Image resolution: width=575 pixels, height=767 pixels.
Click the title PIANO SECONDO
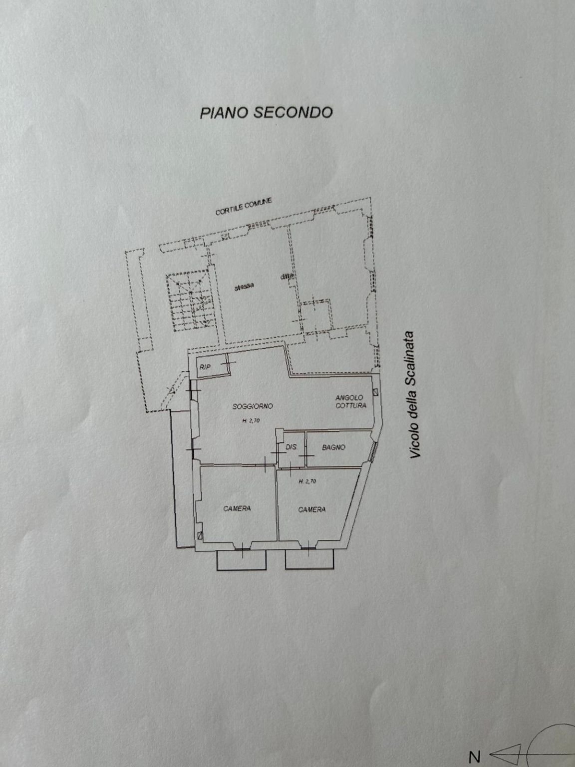266,112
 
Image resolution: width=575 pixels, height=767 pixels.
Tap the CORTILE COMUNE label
244,207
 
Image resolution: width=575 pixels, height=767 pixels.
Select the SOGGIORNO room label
253,406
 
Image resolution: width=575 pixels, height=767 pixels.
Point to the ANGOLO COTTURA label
350,401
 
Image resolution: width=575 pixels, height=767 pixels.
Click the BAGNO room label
333,447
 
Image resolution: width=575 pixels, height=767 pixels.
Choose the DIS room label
290,447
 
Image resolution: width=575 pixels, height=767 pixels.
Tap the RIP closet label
205,367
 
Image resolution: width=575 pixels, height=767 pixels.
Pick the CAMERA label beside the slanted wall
312,509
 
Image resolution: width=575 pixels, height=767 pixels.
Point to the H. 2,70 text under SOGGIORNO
251,420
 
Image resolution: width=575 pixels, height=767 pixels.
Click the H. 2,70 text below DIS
307,481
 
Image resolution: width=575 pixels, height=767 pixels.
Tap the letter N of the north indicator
475,757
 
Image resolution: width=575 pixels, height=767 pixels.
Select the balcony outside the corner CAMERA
310,560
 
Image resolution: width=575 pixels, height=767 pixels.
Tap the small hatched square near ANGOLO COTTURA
375,391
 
